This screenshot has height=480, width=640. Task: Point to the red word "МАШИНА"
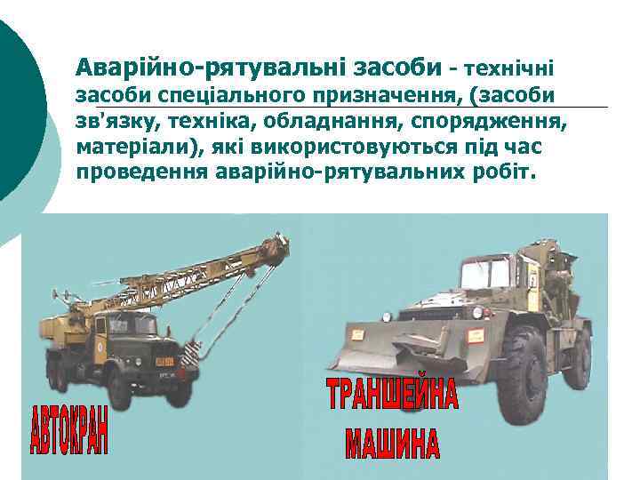(x=393, y=442)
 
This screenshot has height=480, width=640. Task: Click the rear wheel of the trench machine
(x=577, y=356)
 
